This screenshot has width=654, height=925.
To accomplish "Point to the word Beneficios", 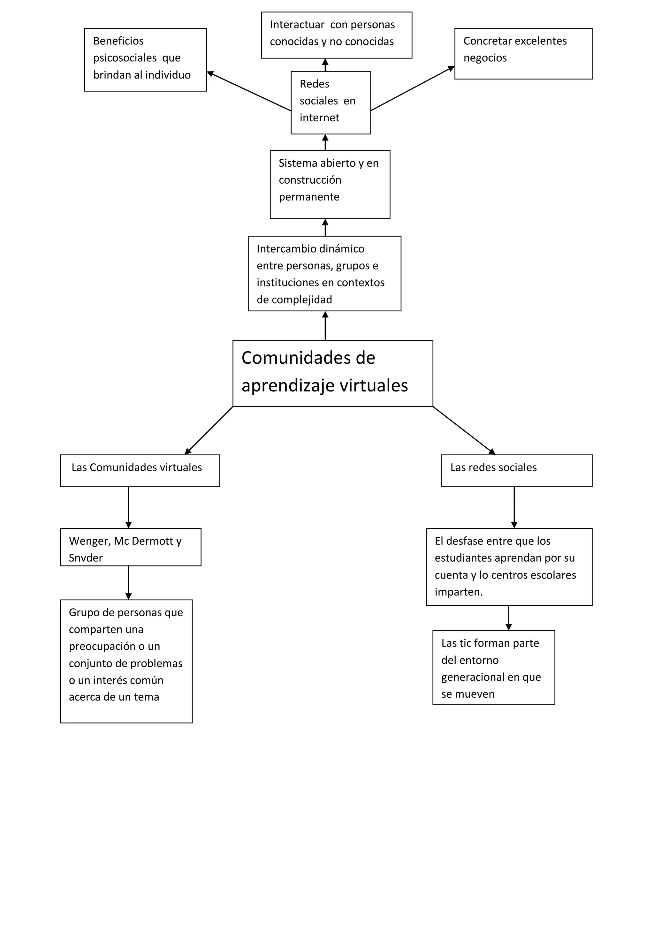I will click(x=118, y=41).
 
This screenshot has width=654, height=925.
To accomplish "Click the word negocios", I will click(x=485, y=58).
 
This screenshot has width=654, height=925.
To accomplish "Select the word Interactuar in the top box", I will click(x=297, y=25).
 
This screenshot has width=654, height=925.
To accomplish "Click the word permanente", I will click(x=309, y=197).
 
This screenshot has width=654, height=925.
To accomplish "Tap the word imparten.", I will click(x=458, y=592).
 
